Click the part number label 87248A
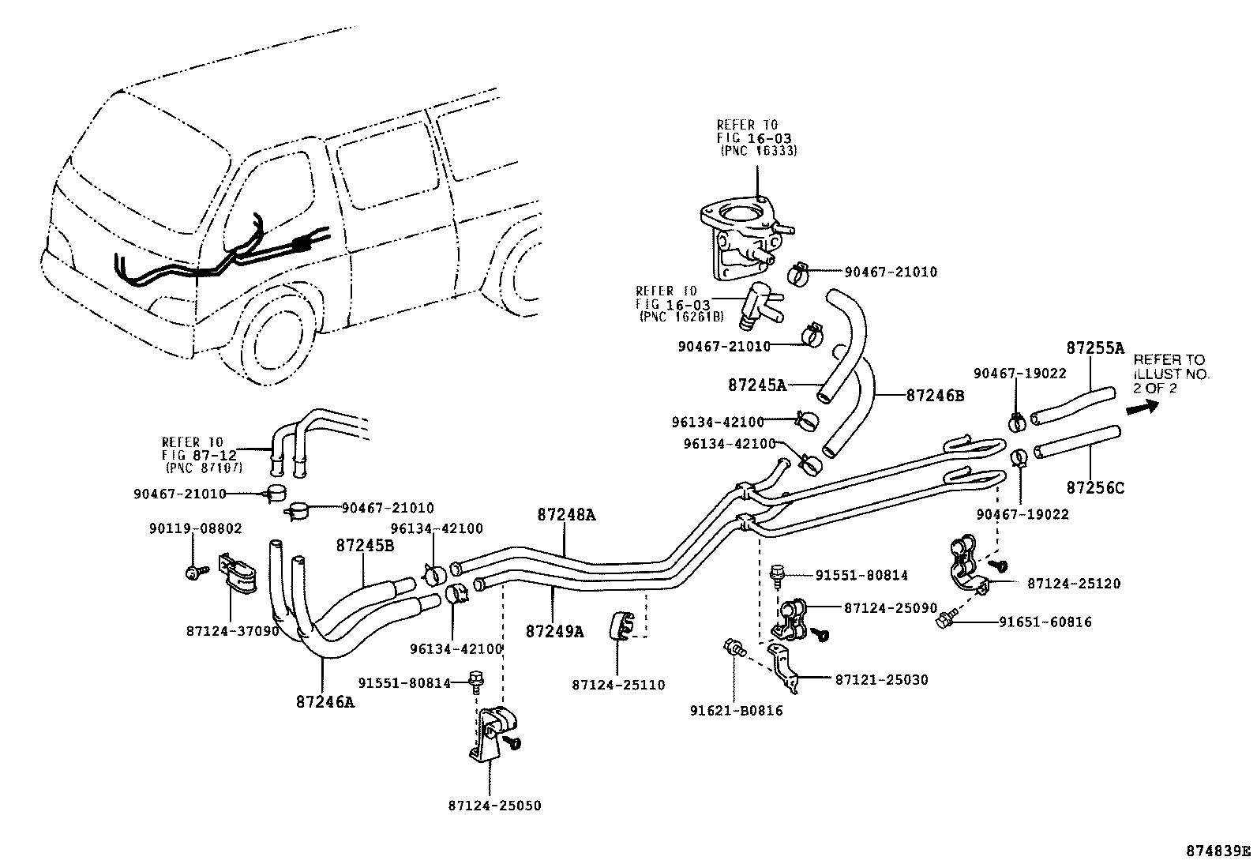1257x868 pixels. pyautogui.click(x=566, y=515)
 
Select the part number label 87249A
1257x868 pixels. pyautogui.click(x=554, y=631)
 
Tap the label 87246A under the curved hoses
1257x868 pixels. pyautogui.click(x=325, y=700)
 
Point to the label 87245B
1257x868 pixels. pyautogui.click(x=365, y=545)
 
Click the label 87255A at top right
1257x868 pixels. pyautogui.click(x=1094, y=348)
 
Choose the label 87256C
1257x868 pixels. pyautogui.click(x=1094, y=489)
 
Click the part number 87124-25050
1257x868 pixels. pyautogui.click(x=494, y=806)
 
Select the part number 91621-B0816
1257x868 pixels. pyautogui.click(x=735, y=711)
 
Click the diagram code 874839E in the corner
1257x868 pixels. pyautogui.click(x=1219, y=851)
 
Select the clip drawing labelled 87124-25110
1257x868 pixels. pyautogui.click(x=621, y=627)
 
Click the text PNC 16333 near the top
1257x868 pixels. pyautogui.click(x=758, y=150)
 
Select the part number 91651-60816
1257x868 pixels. pyautogui.click(x=1045, y=622)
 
